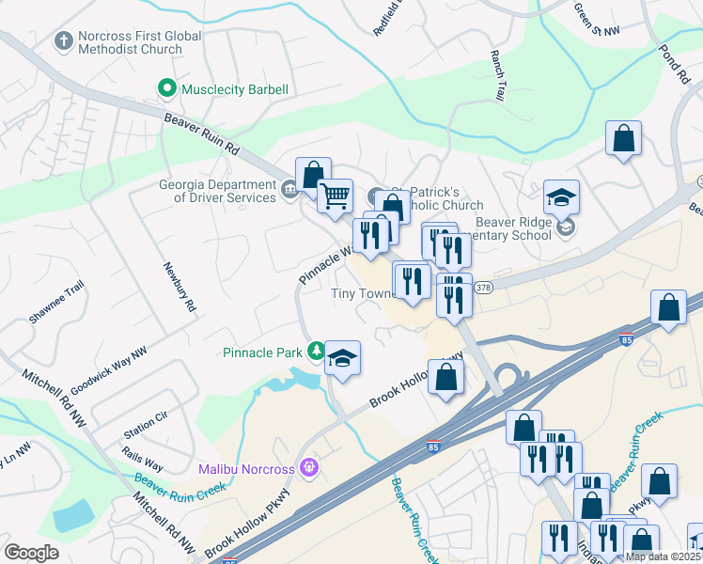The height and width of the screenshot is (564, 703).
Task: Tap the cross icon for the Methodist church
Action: [63, 40]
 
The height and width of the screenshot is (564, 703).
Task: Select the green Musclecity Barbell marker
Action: [167, 89]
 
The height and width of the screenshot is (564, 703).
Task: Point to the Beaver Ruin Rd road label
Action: [202, 134]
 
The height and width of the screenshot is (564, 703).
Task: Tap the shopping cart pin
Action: [335, 196]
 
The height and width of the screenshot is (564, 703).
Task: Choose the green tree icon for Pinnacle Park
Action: [316, 352]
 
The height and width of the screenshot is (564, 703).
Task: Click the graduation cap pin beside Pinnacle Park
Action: [343, 358]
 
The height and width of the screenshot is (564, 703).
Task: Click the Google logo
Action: [31, 553]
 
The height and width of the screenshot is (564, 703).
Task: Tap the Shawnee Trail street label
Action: [56, 302]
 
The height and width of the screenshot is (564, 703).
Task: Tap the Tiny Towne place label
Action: [361, 293]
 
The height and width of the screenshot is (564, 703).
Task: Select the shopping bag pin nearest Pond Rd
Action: [623, 139]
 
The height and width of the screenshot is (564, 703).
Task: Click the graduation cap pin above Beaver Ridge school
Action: [561, 197]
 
